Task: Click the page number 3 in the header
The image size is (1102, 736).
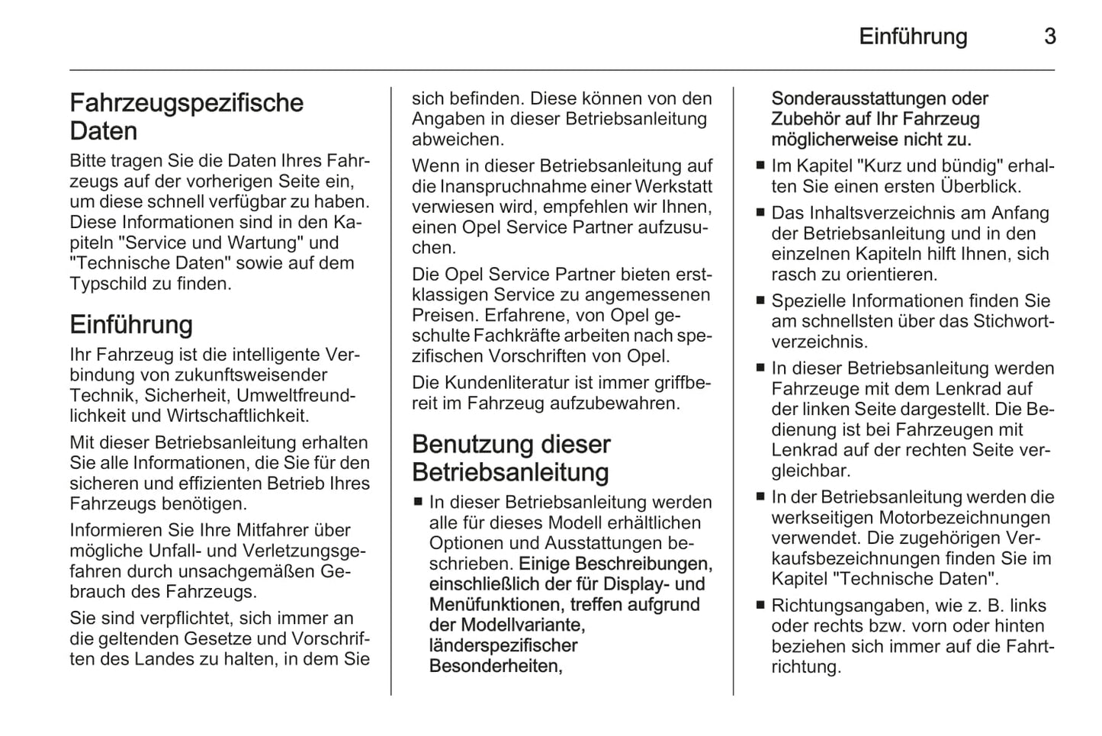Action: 1049,37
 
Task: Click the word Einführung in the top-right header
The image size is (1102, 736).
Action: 912,37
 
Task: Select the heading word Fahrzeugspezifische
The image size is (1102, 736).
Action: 186,103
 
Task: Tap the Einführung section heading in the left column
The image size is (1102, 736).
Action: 131,325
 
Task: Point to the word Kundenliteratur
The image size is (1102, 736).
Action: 519,383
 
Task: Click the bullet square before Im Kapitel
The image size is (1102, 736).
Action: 760,166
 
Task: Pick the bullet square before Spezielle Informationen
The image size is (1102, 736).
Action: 760,301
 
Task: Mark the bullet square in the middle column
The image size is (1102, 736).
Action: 418,503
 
